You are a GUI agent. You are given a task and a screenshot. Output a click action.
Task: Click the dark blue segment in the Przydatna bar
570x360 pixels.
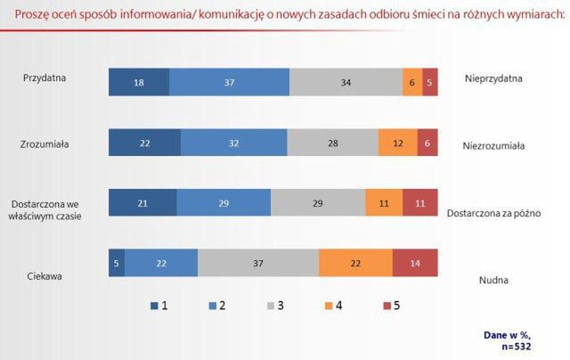pos(138,81)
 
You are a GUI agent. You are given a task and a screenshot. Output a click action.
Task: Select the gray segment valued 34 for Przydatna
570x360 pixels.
pos(346,81)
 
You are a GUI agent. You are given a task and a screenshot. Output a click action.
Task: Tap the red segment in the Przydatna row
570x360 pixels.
pos(430,81)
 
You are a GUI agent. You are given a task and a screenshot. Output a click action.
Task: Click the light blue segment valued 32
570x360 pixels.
pos(233,143)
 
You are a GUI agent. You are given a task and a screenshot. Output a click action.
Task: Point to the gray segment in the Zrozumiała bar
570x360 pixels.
pos(332,143)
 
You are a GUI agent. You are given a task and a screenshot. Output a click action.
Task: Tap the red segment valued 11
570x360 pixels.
pos(420,203)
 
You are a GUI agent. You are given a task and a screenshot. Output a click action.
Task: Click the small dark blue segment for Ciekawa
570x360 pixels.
pos(117,263)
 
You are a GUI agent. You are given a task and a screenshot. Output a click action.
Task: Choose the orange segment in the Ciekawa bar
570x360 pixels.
pos(354,263)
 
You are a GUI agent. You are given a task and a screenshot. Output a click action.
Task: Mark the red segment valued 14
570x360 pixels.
pos(415,263)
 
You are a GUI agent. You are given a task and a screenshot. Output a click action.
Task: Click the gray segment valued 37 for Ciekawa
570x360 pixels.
pos(258,263)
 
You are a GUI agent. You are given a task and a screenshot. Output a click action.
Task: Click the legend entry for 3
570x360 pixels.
pos(276,306)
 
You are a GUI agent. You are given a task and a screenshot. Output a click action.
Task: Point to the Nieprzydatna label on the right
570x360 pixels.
pos(493,78)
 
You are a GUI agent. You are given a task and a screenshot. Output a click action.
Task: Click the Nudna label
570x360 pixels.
pos(493,280)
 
